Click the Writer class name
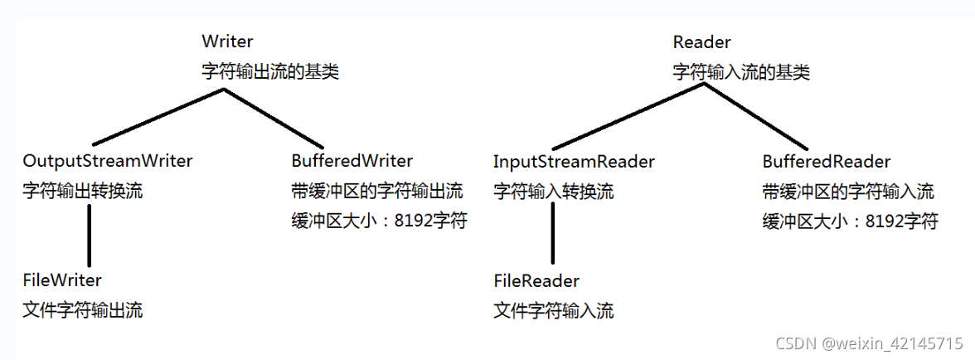[227, 41]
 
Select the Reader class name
[701, 41]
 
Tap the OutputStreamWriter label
[108, 161]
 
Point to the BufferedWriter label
[352, 161]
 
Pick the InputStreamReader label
[574, 161]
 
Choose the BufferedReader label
[826, 161]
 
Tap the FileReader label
[536, 280]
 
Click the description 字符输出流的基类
[270, 71]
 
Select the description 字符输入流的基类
[741, 71]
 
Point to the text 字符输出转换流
[82, 191]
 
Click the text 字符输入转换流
[554, 191]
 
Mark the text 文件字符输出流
[82, 311]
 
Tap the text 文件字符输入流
[554, 311]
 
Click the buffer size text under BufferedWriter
[379, 221]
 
